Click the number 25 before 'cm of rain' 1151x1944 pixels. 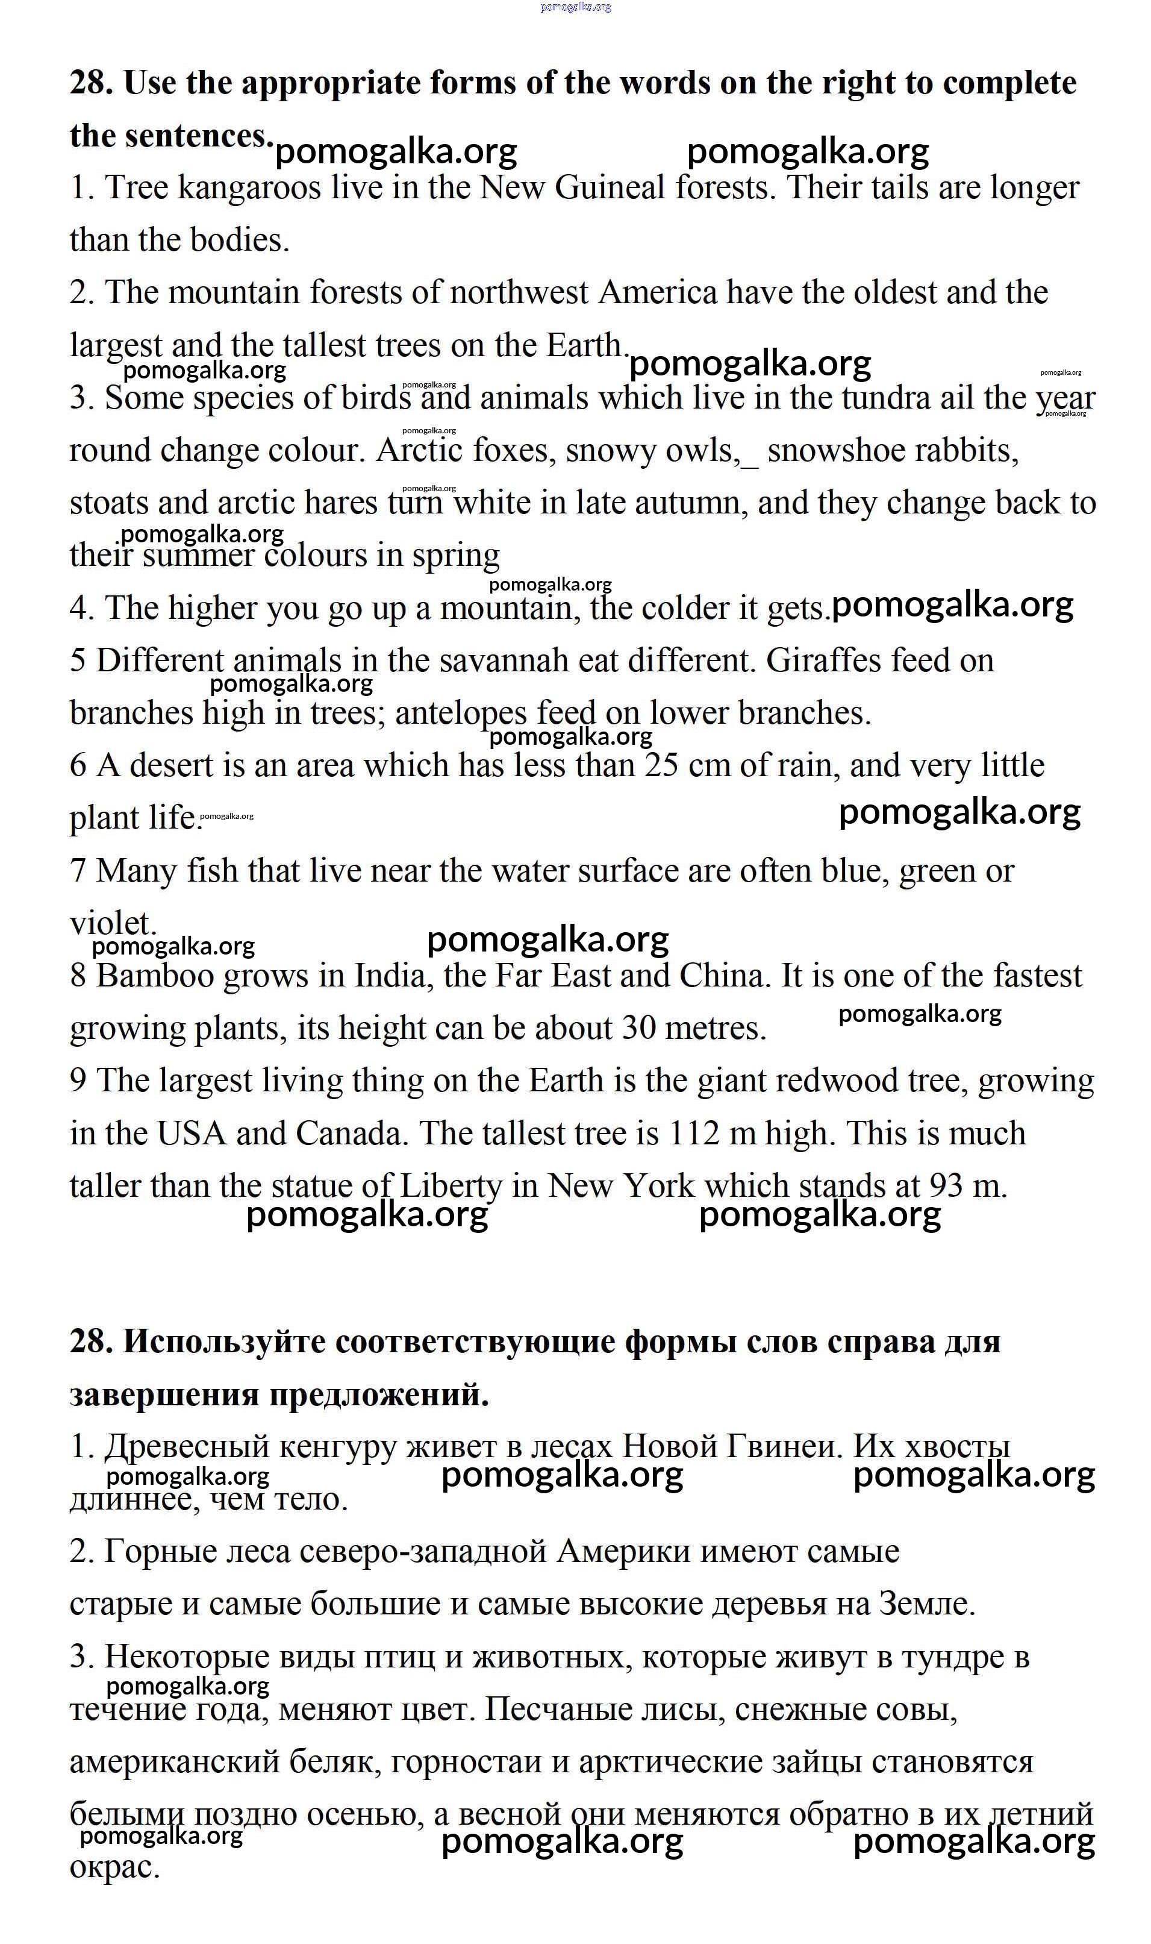pyautogui.click(x=661, y=766)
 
